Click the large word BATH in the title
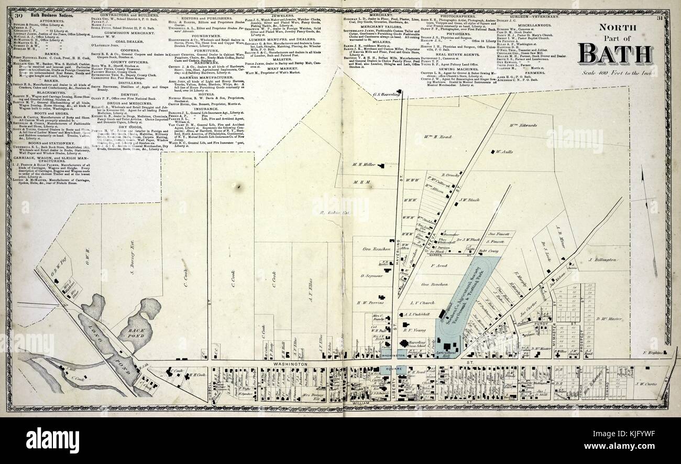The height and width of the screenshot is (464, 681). [615, 54]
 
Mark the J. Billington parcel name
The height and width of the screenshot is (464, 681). [606, 260]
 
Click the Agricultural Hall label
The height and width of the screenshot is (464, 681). [448, 354]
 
